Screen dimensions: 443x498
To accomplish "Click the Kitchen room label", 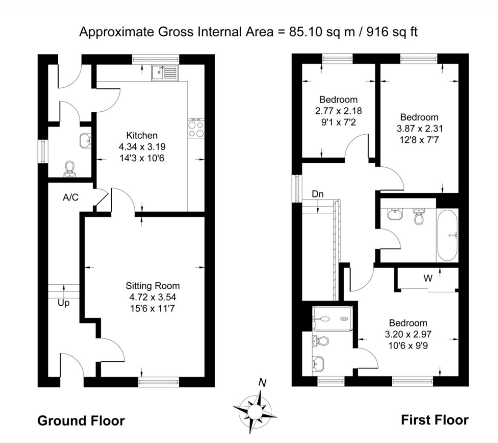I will [142, 136].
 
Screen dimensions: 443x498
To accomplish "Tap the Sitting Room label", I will [153, 286].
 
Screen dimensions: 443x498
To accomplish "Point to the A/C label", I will [71, 197].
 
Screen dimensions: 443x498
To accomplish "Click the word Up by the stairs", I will [63, 303].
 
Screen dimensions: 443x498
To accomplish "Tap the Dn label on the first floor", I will [318, 194].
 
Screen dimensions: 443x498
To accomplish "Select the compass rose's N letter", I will [263, 382].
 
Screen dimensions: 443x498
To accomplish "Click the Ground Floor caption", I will [81, 421].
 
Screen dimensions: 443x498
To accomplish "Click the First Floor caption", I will [435, 420].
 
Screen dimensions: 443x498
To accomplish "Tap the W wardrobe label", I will [428, 279].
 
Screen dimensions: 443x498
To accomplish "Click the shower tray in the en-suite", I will [333, 318].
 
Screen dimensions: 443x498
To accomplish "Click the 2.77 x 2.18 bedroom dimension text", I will [338, 111].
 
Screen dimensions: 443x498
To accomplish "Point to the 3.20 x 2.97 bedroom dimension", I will [408, 334].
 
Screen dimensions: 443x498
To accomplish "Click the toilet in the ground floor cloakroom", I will [69, 169].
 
